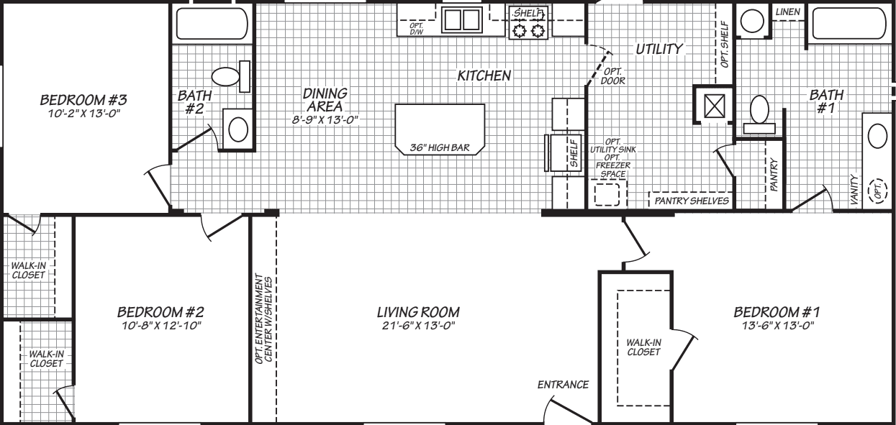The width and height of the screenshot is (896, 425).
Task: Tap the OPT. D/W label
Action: click(x=416, y=28)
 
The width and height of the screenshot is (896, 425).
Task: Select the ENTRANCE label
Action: click(x=563, y=385)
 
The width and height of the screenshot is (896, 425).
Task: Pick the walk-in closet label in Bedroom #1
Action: click(x=643, y=347)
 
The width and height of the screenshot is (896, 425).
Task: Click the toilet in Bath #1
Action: click(x=759, y=111)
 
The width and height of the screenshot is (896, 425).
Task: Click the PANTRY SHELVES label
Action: click(x=691, y=201)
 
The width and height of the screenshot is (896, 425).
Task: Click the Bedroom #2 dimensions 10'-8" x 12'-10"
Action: click(x=161, y=326)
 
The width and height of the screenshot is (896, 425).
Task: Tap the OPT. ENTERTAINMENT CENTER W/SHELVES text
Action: click(x=264, y=318)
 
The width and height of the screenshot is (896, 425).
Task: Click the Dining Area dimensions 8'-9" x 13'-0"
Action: click(x=325, y=119)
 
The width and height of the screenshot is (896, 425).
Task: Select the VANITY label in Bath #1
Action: click(x=854, y=190)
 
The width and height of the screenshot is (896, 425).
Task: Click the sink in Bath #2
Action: click(x=237, y=129)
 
